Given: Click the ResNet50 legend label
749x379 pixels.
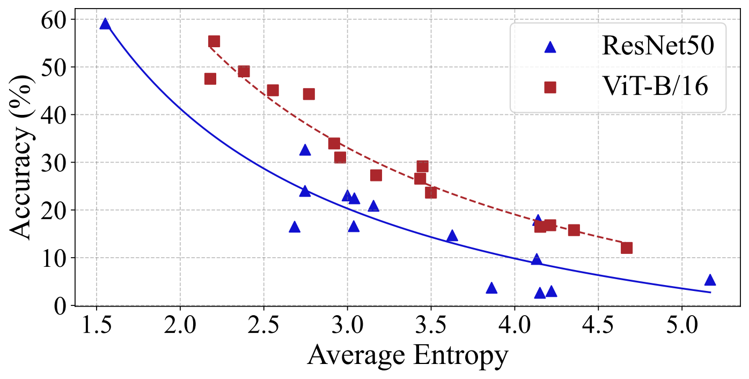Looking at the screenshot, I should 657,47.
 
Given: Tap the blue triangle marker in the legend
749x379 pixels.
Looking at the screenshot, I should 550,47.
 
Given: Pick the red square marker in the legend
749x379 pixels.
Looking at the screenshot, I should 550,86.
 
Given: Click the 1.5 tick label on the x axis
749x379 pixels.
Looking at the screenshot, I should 96,325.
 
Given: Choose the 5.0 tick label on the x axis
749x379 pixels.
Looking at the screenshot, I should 681,325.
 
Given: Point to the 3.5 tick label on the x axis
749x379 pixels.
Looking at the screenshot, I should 431,325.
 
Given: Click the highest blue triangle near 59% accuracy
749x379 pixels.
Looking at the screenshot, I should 105,24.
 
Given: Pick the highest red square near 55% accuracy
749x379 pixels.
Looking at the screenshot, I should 214,41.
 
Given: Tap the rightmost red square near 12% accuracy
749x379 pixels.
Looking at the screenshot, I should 627,247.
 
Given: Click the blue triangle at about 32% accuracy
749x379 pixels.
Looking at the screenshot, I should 305,150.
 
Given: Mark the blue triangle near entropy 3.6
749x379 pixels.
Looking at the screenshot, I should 452,236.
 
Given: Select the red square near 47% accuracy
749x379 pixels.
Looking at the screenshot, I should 210,79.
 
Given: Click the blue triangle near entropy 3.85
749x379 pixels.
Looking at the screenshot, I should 491,288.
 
